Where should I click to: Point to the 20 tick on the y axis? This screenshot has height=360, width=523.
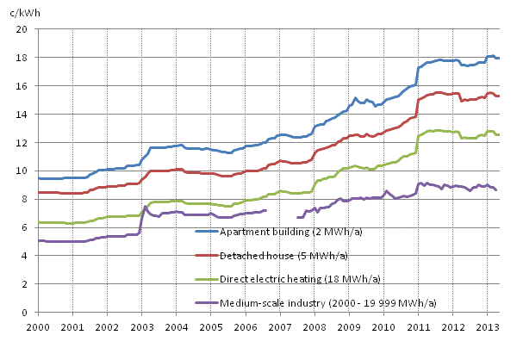click(x=24, y=29)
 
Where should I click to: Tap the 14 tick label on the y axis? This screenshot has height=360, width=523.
click(x=24, y=115)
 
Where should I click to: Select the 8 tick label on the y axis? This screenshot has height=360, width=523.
click(x=27, y=199)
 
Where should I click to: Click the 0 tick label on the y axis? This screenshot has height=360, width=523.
click(x=27, y=313)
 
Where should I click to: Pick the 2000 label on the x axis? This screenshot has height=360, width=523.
click(x=38, y=328)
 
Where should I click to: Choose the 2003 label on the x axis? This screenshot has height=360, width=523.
click(x=141, y=328)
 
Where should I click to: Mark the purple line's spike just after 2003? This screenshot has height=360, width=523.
click(x=146, y=207)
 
